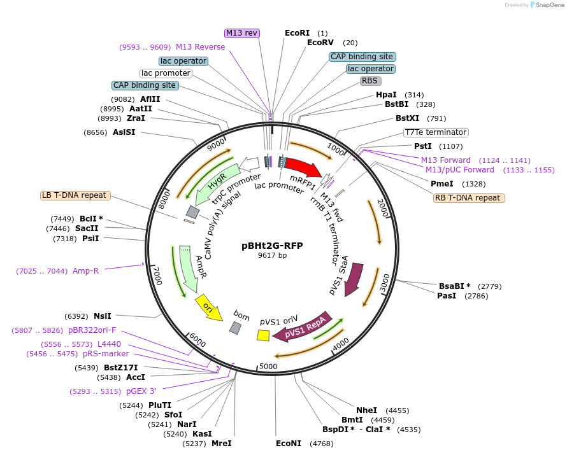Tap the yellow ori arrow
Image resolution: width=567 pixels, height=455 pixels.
point(208,307)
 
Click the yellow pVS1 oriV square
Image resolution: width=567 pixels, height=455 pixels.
point(263,335)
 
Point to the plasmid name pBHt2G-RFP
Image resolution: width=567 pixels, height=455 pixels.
point(272,246)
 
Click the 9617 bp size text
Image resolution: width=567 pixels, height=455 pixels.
point(272,255)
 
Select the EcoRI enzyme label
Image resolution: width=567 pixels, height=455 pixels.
point(297,33)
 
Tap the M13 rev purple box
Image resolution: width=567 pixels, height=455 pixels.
point(242,33)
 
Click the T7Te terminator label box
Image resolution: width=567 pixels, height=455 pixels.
point(436,132)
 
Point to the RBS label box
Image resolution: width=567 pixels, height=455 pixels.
point(370,81)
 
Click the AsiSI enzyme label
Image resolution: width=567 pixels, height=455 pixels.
point(124,132)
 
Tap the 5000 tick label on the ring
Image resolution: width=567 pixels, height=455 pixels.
point(268,367)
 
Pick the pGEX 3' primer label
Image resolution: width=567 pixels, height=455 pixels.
point(141,391)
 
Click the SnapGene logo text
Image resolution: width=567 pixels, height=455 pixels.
point(549,5)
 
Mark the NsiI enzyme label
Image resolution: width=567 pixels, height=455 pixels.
point(103,316)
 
